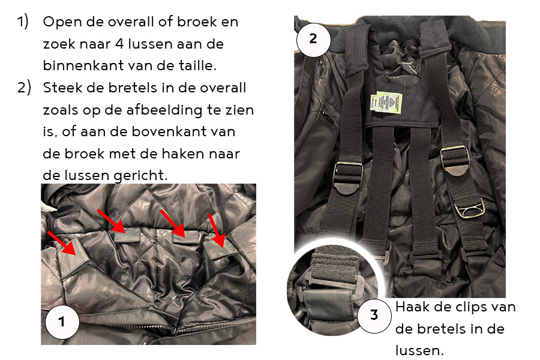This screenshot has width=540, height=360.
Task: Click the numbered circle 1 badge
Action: click(x=62, y=322)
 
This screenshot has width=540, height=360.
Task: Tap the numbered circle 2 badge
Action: click(x=313, y=39)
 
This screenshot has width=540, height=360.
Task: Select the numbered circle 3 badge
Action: click(x=374, y=315)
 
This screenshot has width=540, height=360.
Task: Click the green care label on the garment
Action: click(x=386, y=103)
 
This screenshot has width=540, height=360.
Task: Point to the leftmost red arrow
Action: click(x=62, y=244)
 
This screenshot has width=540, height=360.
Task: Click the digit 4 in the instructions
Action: click(x=119, y=44)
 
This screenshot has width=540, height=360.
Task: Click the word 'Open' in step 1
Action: click(x=62, y=22)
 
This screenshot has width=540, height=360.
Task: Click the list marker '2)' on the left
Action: click(x=24, y=88)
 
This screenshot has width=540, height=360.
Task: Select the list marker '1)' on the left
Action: click(x=23, y=22)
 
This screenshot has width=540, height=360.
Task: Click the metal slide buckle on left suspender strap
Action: click(x=348, y=176)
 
